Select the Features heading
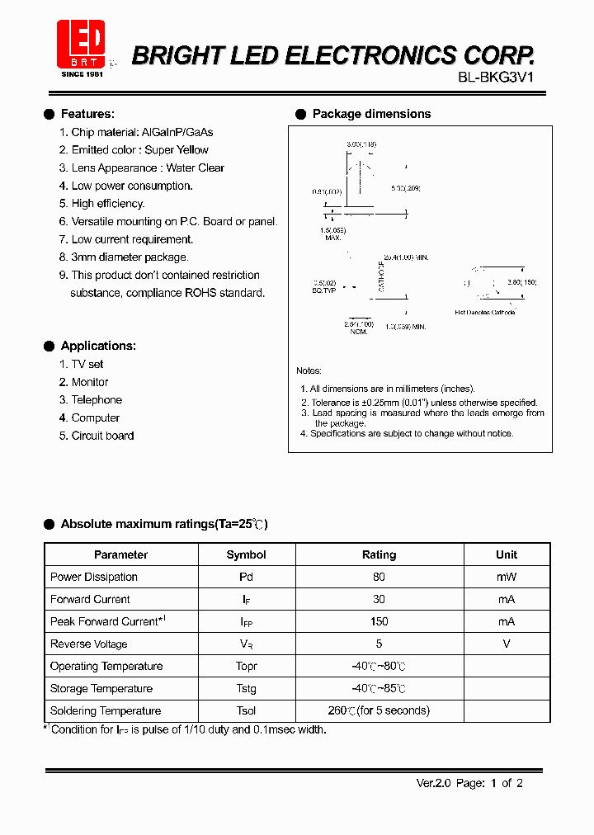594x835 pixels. [87, 114]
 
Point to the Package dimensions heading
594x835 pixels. [371, 114]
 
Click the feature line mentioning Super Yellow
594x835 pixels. [139, 149]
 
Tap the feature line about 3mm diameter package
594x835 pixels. [130, 257]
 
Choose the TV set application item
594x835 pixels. [87, 364]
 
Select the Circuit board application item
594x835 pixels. [102, 436]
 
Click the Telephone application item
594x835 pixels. [97, 400]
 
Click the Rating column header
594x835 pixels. [379, 554]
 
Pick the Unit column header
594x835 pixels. [507, 554]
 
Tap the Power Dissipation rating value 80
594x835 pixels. [379, 577]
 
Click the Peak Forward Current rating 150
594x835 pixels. [379, 621]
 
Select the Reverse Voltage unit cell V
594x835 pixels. [507, 644]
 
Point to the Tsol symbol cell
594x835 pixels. [246, 710]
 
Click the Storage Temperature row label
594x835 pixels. [101, 688]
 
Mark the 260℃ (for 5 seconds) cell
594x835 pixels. [379, 710]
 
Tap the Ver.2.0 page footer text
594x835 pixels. [469, 783]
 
